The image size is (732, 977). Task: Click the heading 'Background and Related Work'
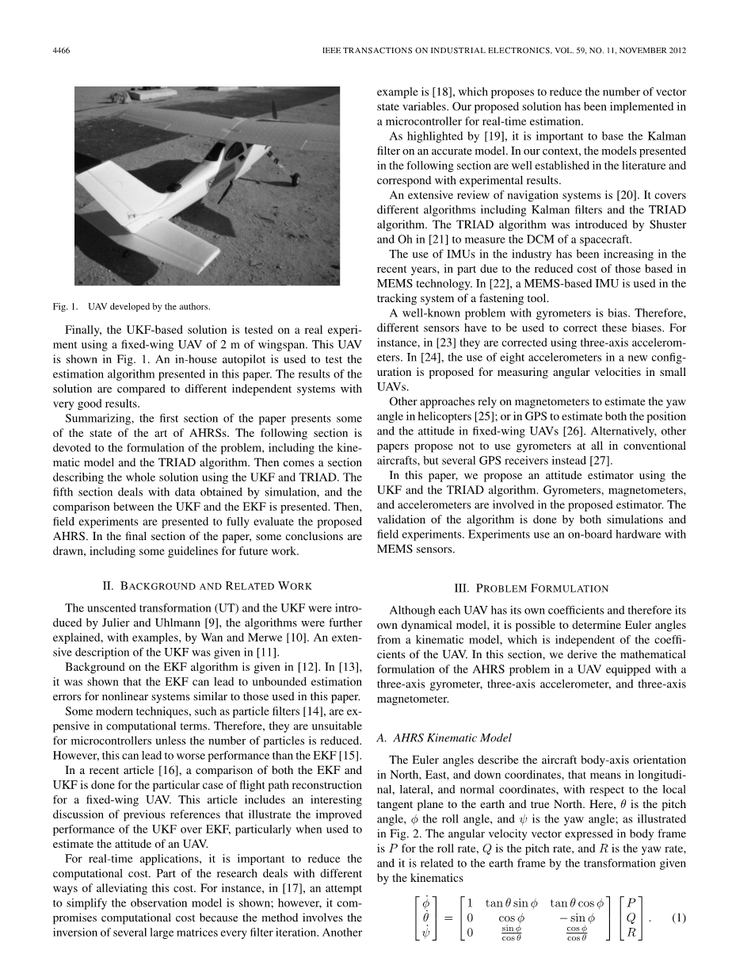[x=208, y=586]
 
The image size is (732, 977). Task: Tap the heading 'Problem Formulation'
[x=531, y=588]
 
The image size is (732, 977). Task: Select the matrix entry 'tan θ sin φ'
[x=513, y=902]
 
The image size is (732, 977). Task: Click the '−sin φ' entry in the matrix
[x=577, y=918]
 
